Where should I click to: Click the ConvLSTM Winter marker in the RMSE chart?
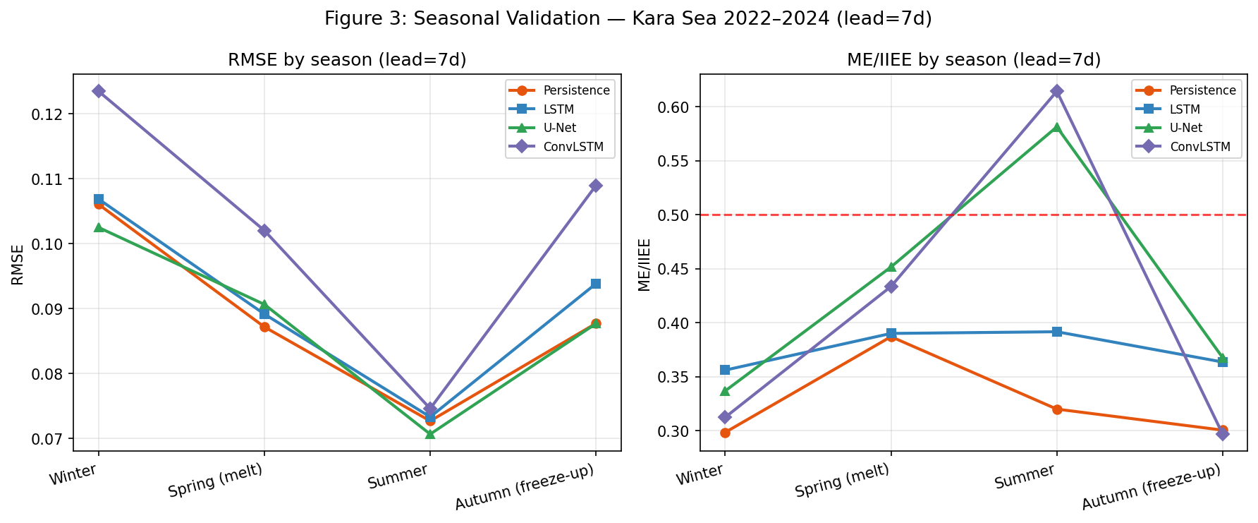coord(99,91)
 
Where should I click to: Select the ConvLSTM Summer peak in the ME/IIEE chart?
coord(1056,91)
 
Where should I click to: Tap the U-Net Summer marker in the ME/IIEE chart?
coord(1056,128)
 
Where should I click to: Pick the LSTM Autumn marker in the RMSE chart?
coord(596,284)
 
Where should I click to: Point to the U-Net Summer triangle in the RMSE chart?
coord(430,433)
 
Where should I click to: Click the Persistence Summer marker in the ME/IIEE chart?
coord(1056,409)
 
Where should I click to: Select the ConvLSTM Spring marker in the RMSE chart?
coord(264,231)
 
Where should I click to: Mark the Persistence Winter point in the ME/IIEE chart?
coord(725,433)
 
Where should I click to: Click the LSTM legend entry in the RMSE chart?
coord(560,109)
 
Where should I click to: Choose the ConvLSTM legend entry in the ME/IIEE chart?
coord(1199,147)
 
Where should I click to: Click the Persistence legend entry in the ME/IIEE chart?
coord(1202,90)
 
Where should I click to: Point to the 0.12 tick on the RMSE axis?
coord(51,114)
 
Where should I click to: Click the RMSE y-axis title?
coord(18,265)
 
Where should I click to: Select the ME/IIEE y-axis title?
coord(645,265)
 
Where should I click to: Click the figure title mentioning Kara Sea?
coord(628,19)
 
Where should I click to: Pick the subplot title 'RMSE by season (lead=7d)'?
coord(347,60)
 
